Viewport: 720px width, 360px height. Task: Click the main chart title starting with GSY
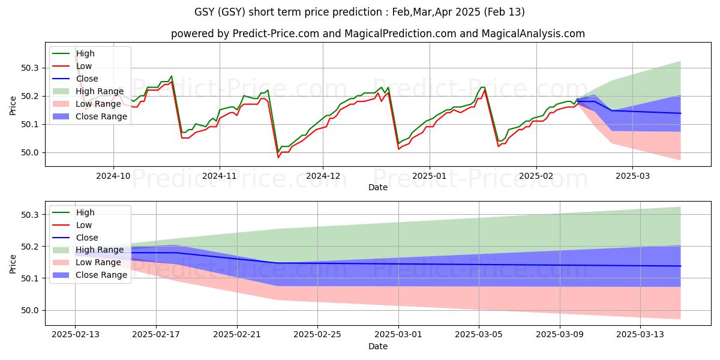[360, 12]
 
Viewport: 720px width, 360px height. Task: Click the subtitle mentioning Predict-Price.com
[378, 34]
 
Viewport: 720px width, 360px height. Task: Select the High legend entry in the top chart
[85, 53]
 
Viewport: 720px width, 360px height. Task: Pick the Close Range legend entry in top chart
[101, 116]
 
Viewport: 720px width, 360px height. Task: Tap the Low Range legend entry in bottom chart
[100, 262]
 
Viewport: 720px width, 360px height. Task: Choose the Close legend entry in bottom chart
[87, 237]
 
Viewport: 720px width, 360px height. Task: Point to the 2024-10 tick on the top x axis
[113, 176]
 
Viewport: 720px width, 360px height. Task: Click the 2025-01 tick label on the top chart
[429, 176]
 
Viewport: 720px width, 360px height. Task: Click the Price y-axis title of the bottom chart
[13, 263]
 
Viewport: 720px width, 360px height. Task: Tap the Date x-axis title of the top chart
[378, 187]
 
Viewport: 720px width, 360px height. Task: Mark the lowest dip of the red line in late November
[278, 157]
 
